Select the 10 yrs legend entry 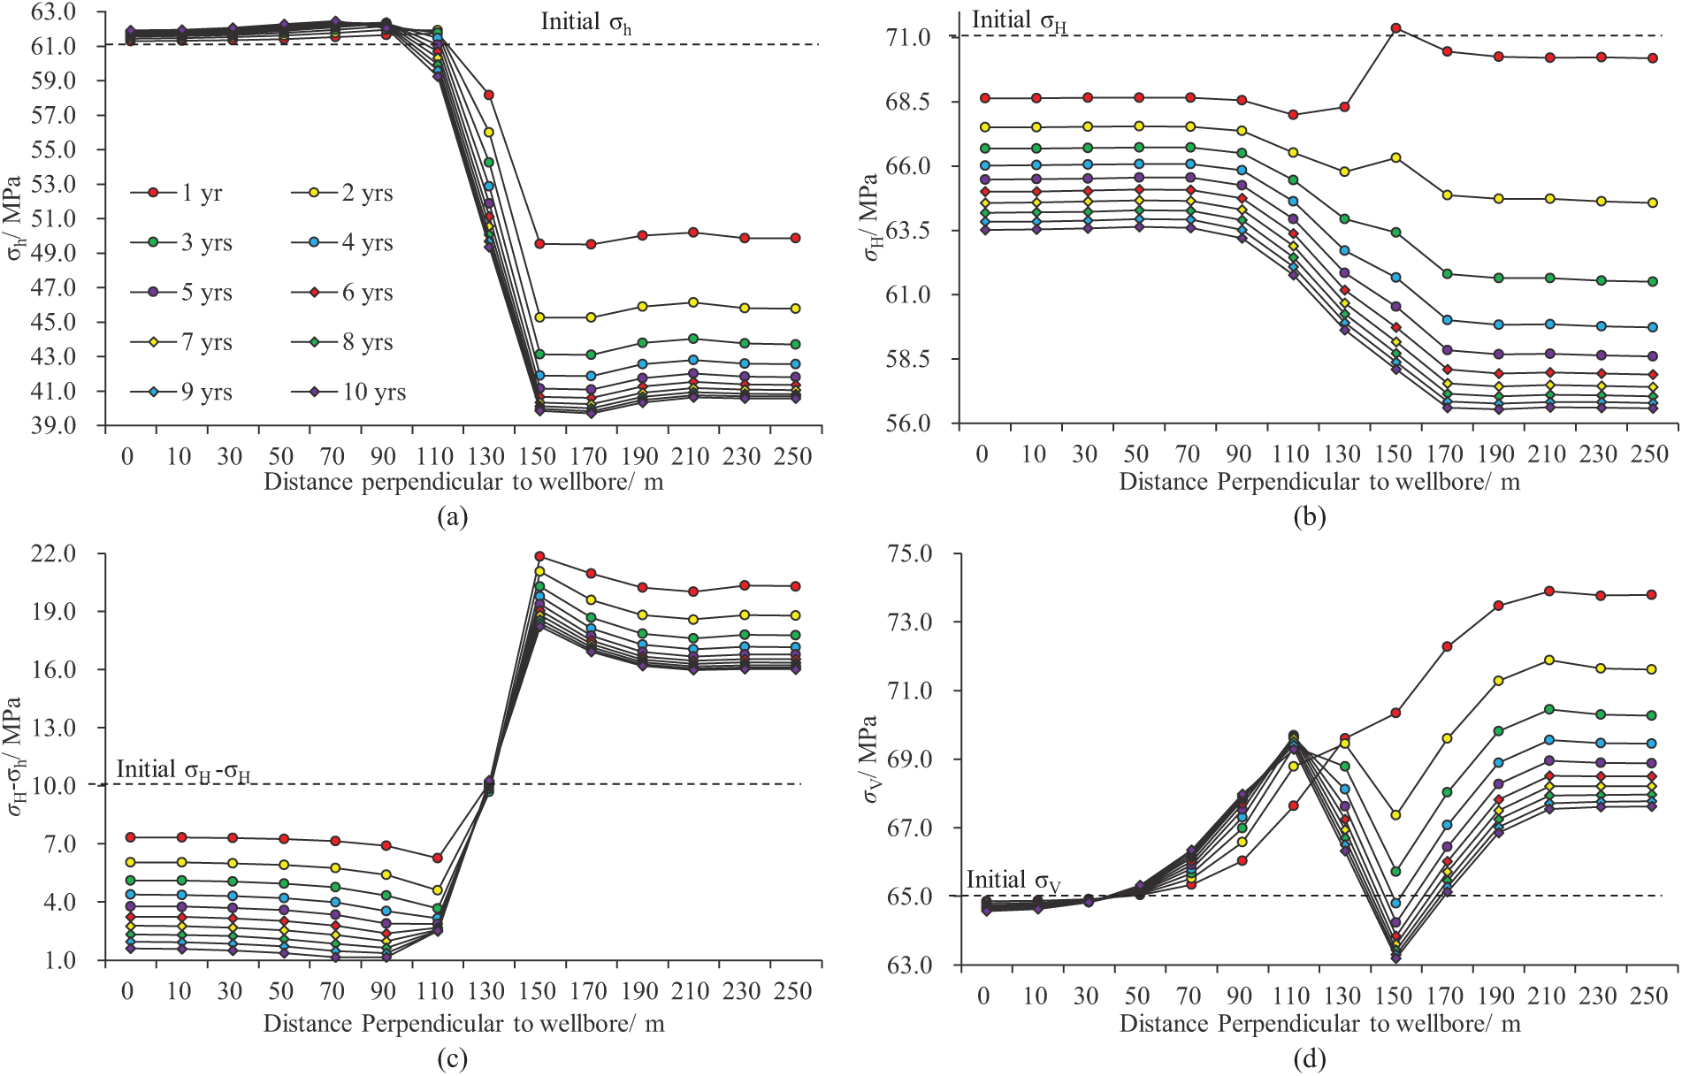(x=348, y=392)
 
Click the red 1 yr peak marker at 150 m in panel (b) (x=1396, y=28)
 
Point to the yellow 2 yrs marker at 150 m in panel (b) (x=1396, y=157)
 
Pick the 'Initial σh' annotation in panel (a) (x=586, y=22)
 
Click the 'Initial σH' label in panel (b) (x=1019, y=20)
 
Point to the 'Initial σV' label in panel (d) (x=1013, y=881)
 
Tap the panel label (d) (x=1310, y=1058)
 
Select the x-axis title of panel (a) (x=463, y=482)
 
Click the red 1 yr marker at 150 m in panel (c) (x=539, y=556)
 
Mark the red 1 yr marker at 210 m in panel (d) (x=1549, y=591)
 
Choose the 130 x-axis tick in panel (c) (x=486, y=991)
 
